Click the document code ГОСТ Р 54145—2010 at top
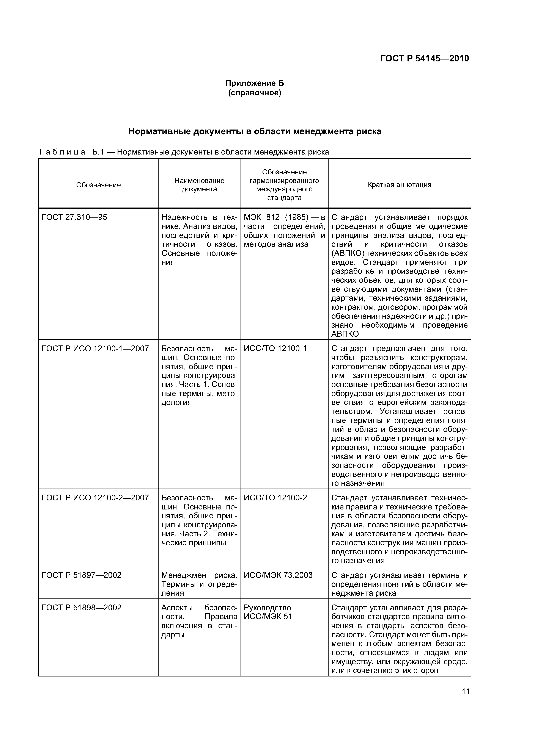click(x=424, y=59)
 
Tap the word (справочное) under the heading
click(x=255, y=93)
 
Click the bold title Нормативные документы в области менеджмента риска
click(x=255, y=131)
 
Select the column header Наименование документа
click(x=199, y=185)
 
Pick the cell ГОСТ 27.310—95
click(x=74, y=217)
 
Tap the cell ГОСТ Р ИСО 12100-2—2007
click(x=95, y=498)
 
